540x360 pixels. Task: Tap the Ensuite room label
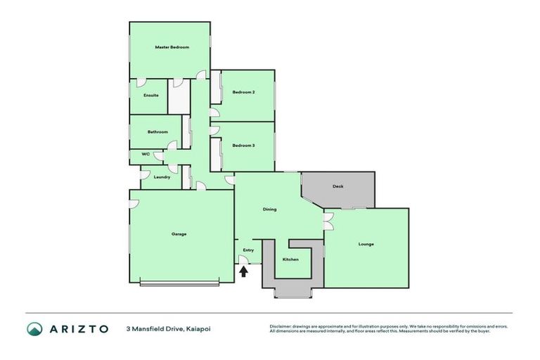pyautogui.click(x=150, y=95)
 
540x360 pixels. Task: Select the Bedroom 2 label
pyautogui.click(x=243, y=92)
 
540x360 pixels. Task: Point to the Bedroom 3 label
pyautogui.click(x=243, y=145)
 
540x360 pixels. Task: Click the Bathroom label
pyautogui.click(x=157, y=131)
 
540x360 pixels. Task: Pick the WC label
pyautogui.click(x=146, y=154)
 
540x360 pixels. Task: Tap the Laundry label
pyautogui.click(x=161, y=176)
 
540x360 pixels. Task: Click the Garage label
pyautogui.click(x=179, y=233)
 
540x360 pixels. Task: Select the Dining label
pyautogui.click(x=269, y=209)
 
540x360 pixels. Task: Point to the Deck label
pyautogui.click(x=337, y=186)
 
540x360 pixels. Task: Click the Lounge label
pyautogui.click(x=366, y=244)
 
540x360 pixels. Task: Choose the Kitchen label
pyautogui.click(x=290, y=259)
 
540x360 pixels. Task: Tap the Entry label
pyautogui.click(x=248, y=250)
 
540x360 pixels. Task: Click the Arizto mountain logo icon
pyautogui.click(x=34, y=328)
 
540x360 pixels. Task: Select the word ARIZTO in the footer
pyautogui.click(x=78, y=328)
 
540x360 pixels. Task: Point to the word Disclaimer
pyautogui.click(x=282, y=326)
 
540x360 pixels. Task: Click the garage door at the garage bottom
pyautogui.click(x=180, y=283)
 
